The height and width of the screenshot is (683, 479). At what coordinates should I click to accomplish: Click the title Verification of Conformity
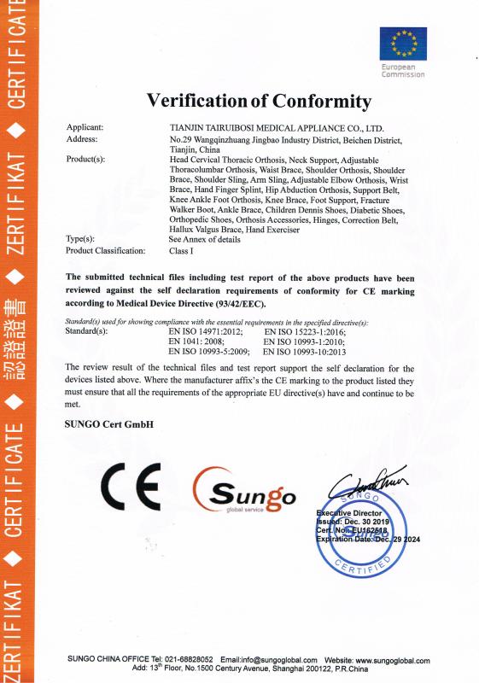coord(260,102)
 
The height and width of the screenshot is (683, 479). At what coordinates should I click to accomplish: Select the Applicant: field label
coord(85,127)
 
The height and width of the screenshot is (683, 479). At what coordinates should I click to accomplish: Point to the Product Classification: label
coord(106,251)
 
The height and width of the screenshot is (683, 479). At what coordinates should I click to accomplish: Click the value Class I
coord(182,251)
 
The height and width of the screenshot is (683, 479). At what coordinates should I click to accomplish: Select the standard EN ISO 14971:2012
coord(206,330)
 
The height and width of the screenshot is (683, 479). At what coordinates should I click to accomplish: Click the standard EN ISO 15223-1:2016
coord(304,330)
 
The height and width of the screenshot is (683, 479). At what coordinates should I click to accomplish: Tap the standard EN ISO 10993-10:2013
coord(304,351)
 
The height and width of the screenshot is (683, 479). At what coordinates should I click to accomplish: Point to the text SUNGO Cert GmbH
coord(108,423)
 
